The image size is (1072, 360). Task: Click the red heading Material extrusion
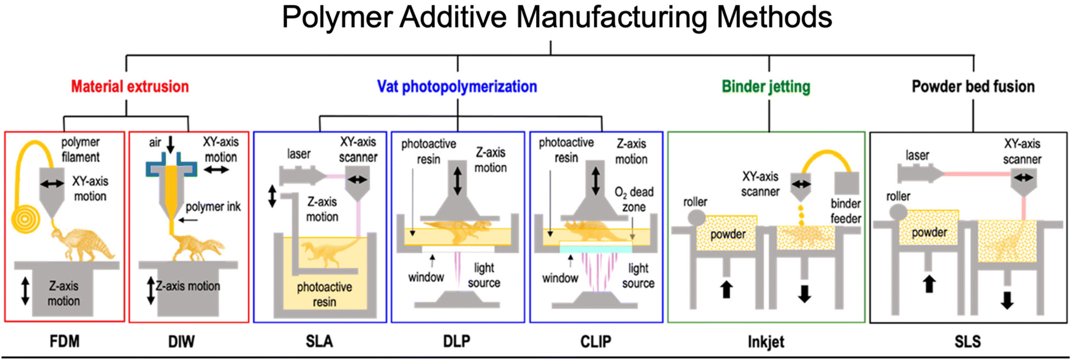pyautogui.click(x=130, y=87)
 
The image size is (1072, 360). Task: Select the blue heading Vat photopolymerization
pyautogui.click(x=457, y=87)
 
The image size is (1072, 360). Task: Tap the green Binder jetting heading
pyautogui.click(x=765, y=87)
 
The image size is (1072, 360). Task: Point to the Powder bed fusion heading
pyautogui.click(x=973, y=87)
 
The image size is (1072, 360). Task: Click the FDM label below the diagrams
pyautogui.click(x=65, y=342)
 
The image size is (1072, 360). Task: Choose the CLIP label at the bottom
pyautogui.click(x=595, y=342)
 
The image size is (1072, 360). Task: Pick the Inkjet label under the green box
pyautogui.click(x=765, y=342)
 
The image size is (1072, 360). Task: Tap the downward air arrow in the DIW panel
pyautogui.click(x=170, y=144)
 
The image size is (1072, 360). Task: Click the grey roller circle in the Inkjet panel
pyautogui.click(x=697, y=217)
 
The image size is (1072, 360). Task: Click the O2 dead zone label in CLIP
pyautogui.click(x=634, y=199)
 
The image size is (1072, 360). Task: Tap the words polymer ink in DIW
pyautogui.click(x=213, y=207)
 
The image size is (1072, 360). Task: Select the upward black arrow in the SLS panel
pyautogui.click(x=929, y=284)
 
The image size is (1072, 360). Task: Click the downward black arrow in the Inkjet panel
pyautogui.click(x=804, y=294)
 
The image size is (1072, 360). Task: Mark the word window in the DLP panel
pyautogui.click(x=426, y=277)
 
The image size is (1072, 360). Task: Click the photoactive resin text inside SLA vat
pyautogui.click(x=324, y=294)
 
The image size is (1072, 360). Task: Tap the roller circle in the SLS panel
pyautogui.click(x=898, y=212)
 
